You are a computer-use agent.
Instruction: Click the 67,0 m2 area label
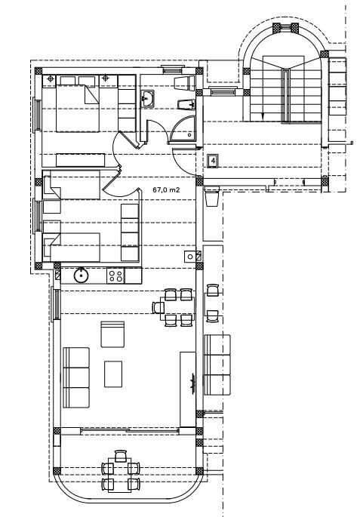[166, 190]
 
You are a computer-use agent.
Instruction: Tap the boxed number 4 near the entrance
[213, 162]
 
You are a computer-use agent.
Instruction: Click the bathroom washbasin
[147, 99]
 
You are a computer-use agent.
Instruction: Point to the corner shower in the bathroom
[184, 129]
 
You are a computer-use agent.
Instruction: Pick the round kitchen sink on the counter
[81, 275]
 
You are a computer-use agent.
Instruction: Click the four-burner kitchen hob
[115, 275]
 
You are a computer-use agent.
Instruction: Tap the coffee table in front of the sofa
[113, 374]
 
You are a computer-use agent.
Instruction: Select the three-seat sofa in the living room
[75, 377]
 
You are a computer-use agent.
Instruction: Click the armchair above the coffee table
[112, 334]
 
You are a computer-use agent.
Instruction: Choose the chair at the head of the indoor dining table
[157, 307]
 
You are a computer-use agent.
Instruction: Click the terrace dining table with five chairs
[120, 472]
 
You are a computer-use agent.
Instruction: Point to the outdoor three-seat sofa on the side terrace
[217, 365]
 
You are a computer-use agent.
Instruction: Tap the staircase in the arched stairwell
[285, 90]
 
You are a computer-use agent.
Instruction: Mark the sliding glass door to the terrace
[130, 430]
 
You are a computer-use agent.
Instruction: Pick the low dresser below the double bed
[81, 160]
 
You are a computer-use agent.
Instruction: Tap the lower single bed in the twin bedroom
[72, 247]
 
